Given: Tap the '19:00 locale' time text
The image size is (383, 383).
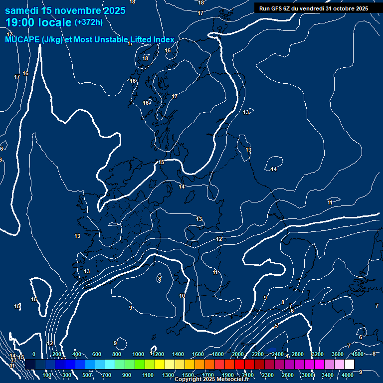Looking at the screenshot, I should (38, 22).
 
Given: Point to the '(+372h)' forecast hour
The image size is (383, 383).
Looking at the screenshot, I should (88, 22).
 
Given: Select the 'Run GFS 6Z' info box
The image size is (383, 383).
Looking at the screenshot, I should (313, 8).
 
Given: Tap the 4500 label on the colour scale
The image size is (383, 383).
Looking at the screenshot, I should (358, 354).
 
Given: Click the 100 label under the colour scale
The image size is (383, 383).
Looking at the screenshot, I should (47, 375).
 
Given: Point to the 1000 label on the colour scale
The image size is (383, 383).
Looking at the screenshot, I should (138, 354).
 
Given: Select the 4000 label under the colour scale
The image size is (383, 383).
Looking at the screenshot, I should (348, 375).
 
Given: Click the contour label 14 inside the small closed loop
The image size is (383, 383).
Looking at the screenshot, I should (273, 170).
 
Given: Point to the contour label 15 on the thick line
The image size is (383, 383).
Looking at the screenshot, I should (161, 163).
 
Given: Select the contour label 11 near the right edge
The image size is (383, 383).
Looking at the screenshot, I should (330, 202).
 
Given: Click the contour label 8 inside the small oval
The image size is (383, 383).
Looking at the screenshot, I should (159, 279).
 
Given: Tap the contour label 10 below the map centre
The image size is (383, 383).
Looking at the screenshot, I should (182, 296).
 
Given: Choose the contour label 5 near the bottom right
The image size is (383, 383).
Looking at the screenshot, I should (276, 326).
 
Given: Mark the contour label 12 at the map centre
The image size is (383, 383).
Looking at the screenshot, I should (219, 239).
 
